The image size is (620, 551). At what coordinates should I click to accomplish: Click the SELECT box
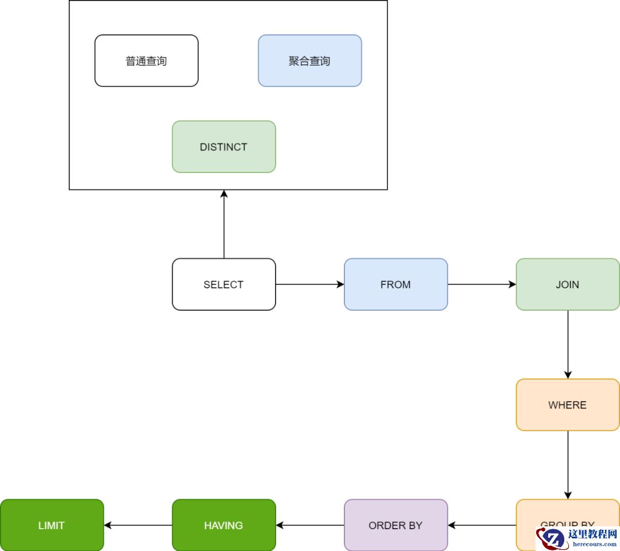pos(224,284)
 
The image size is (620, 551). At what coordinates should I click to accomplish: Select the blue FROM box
pos(396,284)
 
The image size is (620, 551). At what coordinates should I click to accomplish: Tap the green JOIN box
pos(567,284)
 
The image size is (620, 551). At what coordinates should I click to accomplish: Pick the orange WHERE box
pos(567,404)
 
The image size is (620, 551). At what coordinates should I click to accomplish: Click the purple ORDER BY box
pos(396,525)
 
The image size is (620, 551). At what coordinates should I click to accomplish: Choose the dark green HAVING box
pos(224,525)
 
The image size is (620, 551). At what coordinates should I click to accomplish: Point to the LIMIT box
pos(52,525)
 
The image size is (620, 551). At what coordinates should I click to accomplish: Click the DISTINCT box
pos(224,147)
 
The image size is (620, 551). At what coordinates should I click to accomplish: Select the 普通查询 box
pos(146,60)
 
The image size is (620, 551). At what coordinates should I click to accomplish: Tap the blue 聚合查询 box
pos(309,60)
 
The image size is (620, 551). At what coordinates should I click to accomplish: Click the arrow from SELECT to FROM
pos(309,284)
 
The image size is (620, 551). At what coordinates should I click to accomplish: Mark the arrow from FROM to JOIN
pos(481,284)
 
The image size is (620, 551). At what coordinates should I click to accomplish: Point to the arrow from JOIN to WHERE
pos(568,344)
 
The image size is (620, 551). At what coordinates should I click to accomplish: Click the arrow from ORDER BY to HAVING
pos(309,525)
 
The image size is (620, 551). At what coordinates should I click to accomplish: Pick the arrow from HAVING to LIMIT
pos(138,525)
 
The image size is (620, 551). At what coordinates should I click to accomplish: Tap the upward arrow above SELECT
pos(224,224)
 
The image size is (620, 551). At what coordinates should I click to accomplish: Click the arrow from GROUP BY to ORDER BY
pos(481,525)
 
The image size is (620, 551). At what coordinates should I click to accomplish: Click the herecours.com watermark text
pos(592,544)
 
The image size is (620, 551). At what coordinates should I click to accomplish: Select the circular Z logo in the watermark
pos(553,538)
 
